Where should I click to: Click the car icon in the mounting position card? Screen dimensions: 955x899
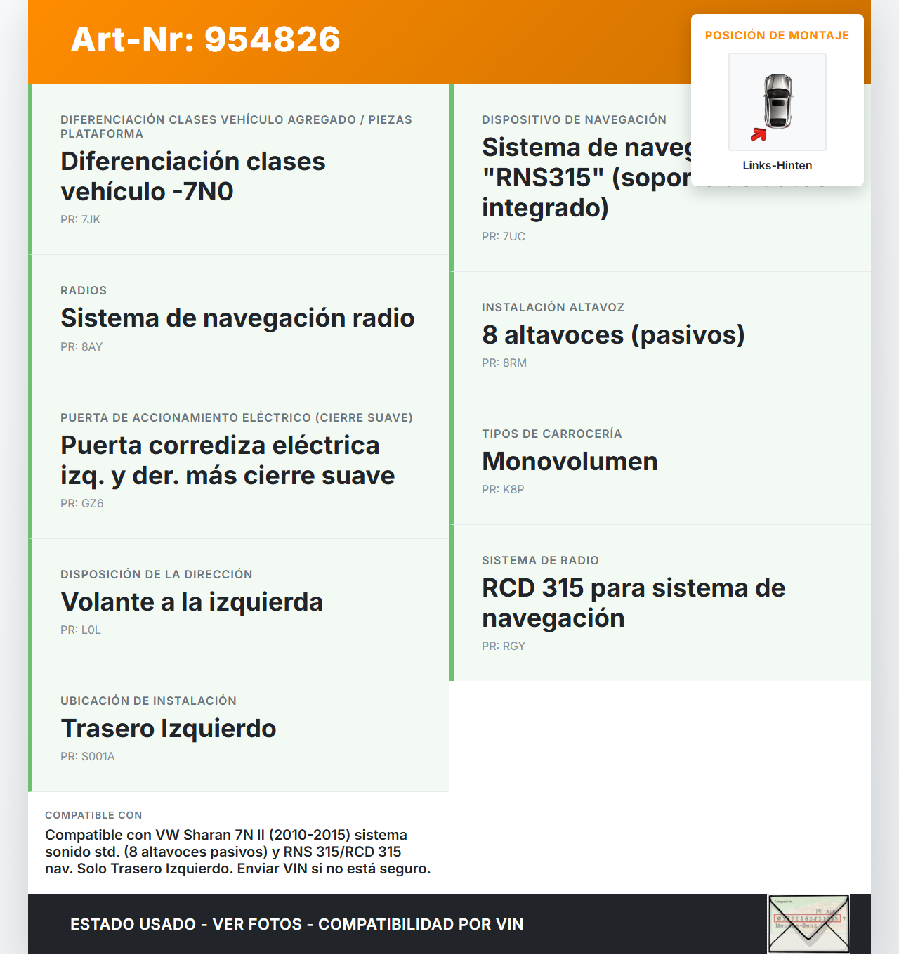(778, 101)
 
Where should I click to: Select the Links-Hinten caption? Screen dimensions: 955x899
(777, 165)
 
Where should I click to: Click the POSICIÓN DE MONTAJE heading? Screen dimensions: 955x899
(777, 35)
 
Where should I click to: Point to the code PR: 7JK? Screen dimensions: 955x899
(80, 219)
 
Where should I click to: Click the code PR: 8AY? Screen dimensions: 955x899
(81, 346)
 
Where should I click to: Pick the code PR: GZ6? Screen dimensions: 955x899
(81, 503)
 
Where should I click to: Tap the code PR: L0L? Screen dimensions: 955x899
(80, 630)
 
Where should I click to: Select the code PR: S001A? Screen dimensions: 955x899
(87, 756)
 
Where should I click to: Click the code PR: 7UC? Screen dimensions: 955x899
(503, 236)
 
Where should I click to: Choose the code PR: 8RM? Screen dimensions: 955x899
(504, 363)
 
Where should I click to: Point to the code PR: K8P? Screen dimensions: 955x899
(503, 489)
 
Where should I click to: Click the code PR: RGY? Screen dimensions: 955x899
(503, 646)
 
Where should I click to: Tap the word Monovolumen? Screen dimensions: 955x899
(570, 461)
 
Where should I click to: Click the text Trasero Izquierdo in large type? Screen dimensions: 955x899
(169, 728)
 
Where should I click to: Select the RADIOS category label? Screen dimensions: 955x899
(84, 290)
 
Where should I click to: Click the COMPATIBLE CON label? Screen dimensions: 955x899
(93, 815)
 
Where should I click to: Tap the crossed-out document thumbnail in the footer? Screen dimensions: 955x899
(808, 923)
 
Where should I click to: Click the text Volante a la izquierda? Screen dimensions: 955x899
(192, 602)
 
